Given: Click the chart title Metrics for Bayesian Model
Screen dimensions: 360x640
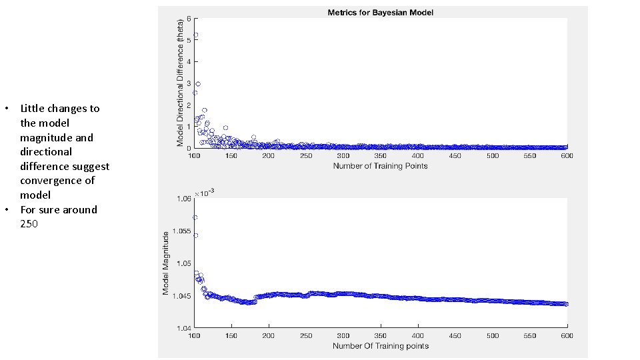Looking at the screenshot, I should [380, 13].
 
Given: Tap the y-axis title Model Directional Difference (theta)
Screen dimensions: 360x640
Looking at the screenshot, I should [180, 83].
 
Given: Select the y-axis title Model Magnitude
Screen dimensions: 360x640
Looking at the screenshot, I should [166, 263].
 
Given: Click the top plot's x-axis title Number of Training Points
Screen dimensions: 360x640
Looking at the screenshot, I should [380, 165].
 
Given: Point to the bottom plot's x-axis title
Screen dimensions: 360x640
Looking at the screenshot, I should [380, 345].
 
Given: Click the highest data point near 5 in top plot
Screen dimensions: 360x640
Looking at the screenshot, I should [195, 35].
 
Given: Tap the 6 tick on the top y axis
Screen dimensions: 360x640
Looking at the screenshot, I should [189, 18].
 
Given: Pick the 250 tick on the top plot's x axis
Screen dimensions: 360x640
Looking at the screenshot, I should [306, 156].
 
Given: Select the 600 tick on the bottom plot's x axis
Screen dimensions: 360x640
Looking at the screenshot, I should [567, 335].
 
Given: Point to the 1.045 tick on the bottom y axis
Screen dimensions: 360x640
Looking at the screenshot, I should [183, 295].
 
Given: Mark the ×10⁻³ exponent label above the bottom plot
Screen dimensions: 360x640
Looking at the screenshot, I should [205, 192].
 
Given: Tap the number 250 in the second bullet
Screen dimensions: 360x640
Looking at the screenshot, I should [29, 224].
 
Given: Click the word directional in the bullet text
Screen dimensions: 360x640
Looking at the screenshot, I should [45, 152].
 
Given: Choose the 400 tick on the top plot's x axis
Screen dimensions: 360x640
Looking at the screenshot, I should [418, 156].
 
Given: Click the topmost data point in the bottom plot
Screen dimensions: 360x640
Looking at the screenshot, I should [195, 217].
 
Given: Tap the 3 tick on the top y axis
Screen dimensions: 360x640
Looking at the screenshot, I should [189, 83].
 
